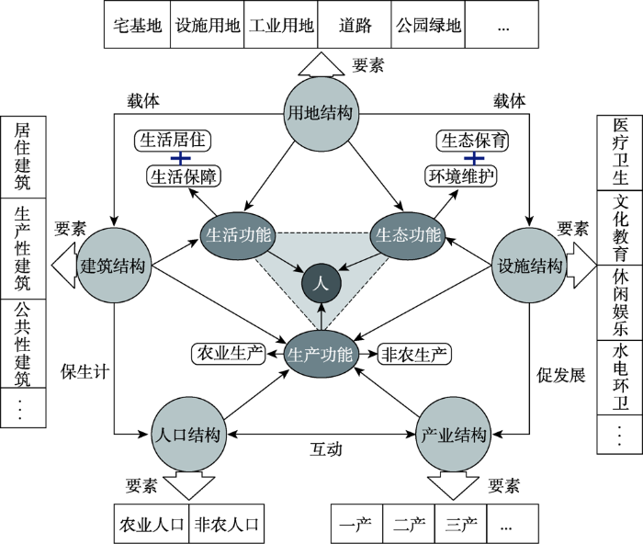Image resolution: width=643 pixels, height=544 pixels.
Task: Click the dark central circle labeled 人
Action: pyautogui.click(x=321, y=284)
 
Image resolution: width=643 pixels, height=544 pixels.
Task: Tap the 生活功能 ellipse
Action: pyautogui.click(x=238, y=235)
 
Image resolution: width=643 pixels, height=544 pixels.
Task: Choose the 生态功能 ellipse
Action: pyautogui.click(x=408, y=235)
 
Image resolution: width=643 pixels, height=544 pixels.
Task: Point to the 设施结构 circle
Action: pyautogui.click(x=529, y=266)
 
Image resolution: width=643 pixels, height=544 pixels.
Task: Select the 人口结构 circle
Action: pyautogui.click(x=188, y=434)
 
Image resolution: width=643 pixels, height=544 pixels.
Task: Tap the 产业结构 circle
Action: pyautogui.click(x=453, y=434)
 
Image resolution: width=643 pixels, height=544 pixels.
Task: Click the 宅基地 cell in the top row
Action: pyautogui.click(x=138, y=25)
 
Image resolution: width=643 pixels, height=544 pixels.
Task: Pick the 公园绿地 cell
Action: pyautogui.click(x=428, y=25)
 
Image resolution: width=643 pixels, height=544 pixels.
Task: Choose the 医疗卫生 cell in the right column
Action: pyautogui.click(x=620, y=153)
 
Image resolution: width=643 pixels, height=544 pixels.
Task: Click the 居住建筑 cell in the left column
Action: pyautogui.click(x=23, y=157)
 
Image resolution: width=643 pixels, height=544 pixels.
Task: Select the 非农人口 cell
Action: pyautogui.click(x=226, y=524)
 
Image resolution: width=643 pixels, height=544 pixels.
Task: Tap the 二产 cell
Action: pyautogui.click(x=409, y=524)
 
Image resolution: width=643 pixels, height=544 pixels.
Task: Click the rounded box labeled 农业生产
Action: pyautogui.click(x=229, y=354)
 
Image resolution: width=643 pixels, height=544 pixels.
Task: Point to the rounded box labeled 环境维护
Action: pyautogui.click(x=461, y=176)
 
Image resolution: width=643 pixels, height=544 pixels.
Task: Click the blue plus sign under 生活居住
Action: pyautogui.click(x=180, y=158)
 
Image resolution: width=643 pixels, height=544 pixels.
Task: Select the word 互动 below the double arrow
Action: pyautogui.click(x=325, y=449)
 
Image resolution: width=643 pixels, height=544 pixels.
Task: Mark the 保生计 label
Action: pyautogui.click(x=85, y=372)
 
